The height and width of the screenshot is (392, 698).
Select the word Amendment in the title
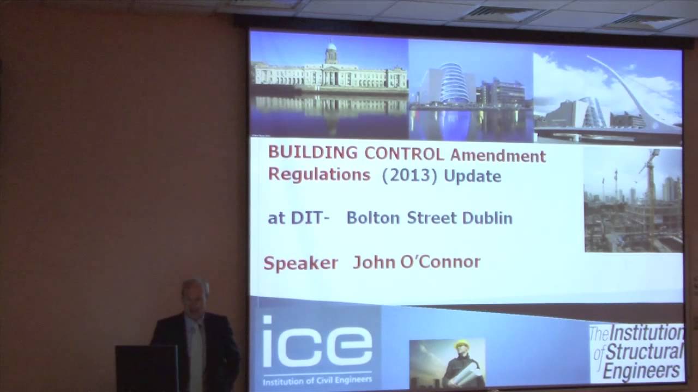498,156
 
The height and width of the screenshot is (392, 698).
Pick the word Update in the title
472,176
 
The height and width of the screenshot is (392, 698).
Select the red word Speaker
300,263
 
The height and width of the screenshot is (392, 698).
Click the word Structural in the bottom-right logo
644,352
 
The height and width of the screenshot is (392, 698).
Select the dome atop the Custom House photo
331,52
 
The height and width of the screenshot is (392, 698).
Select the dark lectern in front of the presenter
147,368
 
